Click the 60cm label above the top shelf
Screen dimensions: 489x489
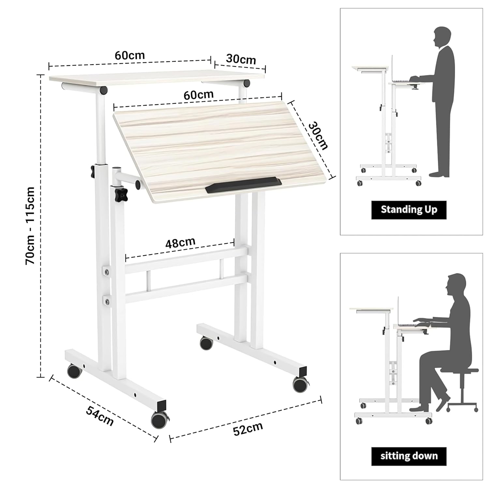(130, 55)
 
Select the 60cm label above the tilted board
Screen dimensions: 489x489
(199, 95)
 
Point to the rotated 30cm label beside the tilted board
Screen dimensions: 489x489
(318, 135)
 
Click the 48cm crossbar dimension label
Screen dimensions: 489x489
(180, 243)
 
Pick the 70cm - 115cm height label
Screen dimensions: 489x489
(30, 226)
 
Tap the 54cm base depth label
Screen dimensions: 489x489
(100, 416)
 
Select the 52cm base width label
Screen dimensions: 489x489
(248, 429)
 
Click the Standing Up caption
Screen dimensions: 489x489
(409, 210)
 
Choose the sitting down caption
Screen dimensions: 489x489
(409, 456)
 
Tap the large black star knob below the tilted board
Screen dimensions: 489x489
(121, 194)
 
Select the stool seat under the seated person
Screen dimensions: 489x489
(459, 370)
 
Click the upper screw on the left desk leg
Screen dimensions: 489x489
(107, 271)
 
